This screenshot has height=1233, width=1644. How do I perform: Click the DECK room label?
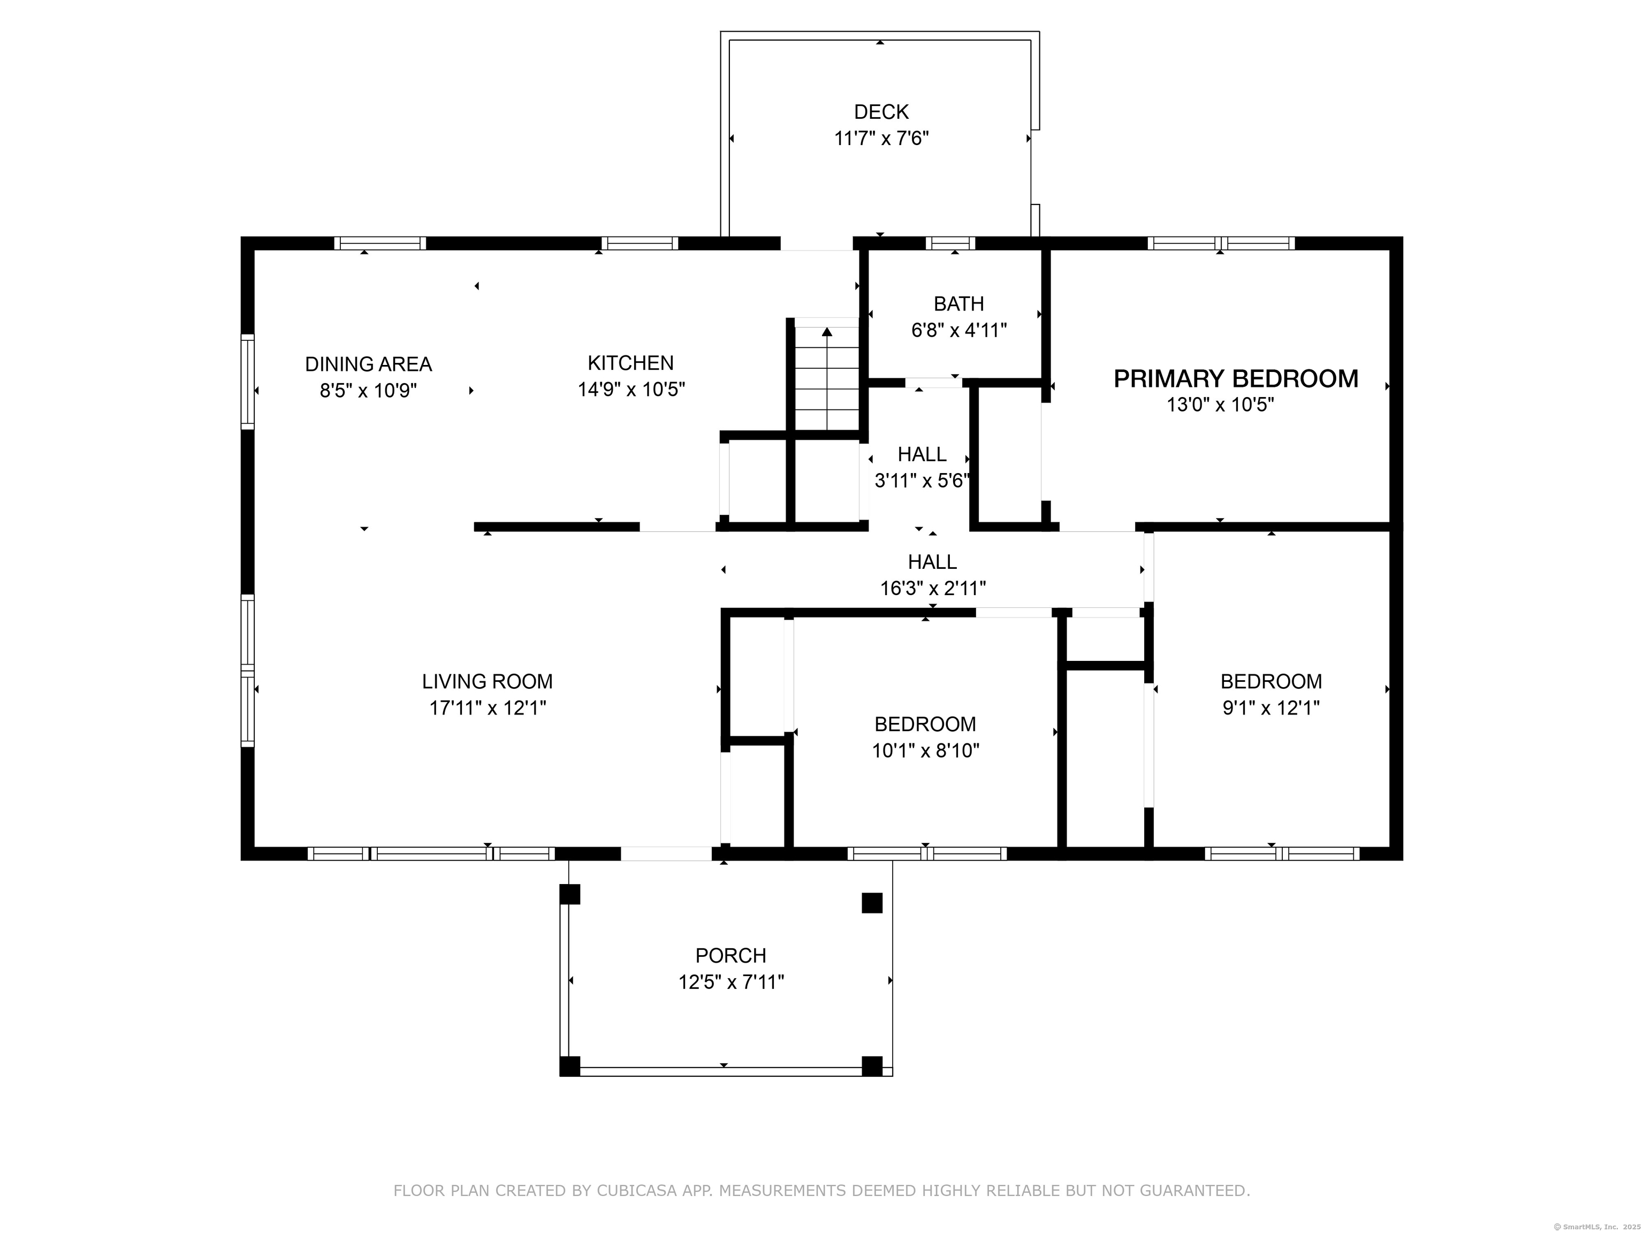(x=881, y=112)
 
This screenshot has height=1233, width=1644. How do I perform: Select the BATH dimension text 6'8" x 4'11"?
(x=959, y=330)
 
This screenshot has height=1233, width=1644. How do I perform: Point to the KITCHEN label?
(x=630, y=363)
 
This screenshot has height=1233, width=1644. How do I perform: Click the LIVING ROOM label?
(x=487, y=682)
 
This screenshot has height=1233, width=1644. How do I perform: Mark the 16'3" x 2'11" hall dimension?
(x=933, y=589)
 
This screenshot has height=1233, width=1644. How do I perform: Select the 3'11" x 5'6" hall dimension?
(x=922, y=481)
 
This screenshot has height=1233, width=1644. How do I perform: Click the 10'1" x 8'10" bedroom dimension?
(x=925, y=751)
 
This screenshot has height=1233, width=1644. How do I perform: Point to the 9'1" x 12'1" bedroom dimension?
(x=1271, y=707)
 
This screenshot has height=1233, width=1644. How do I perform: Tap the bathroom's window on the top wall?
(x=950, y=243)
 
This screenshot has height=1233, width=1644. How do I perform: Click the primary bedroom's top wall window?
(x=1221, y=243)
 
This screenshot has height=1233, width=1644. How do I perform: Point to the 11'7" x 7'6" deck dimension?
(x=881, y=139)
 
